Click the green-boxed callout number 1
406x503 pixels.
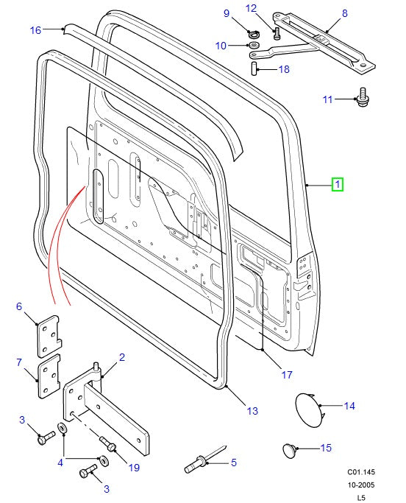click(x=336, y=184)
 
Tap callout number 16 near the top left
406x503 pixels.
click(x=35, y=30)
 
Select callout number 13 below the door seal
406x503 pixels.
click(x=252, y=411)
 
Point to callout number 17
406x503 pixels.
click(x=287, y=375)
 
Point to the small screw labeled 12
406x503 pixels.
click(x=277, y=32)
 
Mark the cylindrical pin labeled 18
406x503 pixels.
click(x=252, y=68)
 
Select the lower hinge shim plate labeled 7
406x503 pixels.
click(x=49, y=377)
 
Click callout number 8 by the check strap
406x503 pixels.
click(x=344, y=14)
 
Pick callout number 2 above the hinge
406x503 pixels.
click(x=121, y=357)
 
